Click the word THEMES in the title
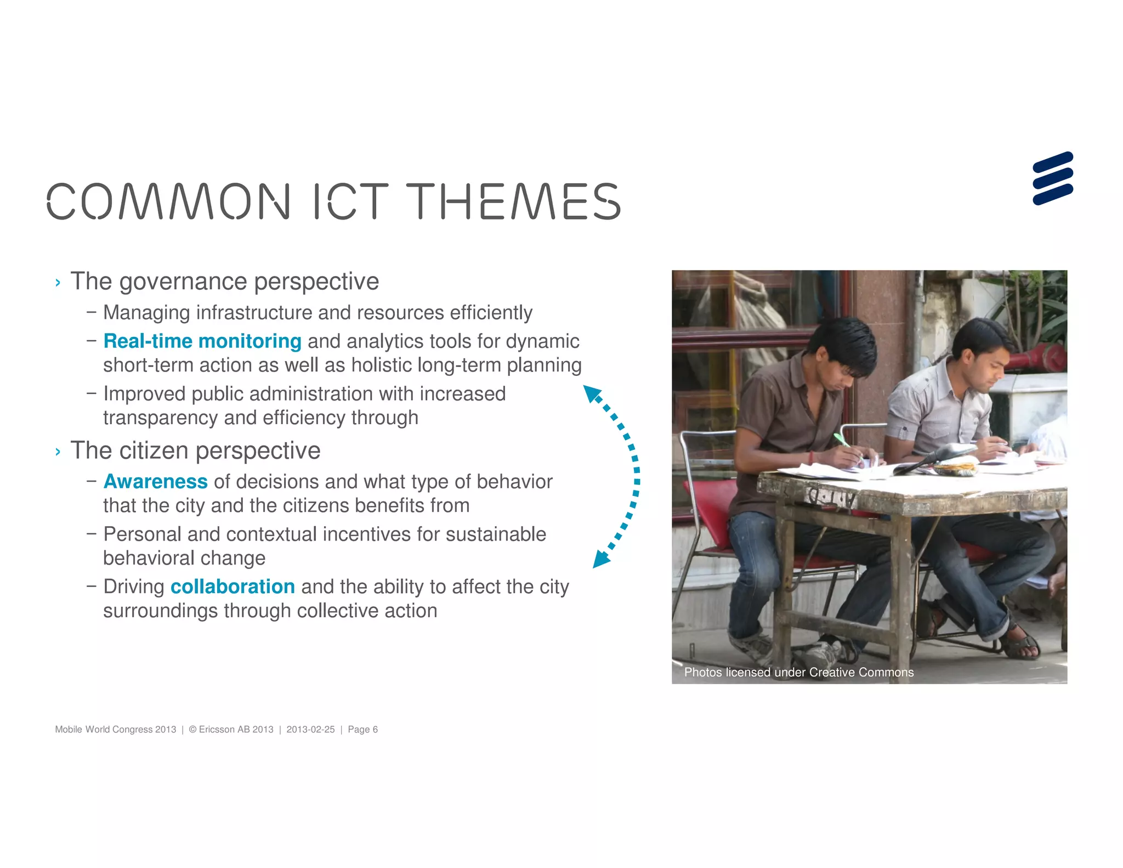(x=513, y=201)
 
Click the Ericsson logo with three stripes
(x=1052, y=178)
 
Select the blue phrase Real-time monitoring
(x=202, y=341)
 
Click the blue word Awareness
(x=156, y=482)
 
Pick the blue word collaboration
(x=232, y=587)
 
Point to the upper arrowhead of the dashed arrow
(x=592, y=393)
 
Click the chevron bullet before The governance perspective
(x=58, y=283)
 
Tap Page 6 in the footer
(x=362, y=729)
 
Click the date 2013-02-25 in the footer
(x=310, y=729)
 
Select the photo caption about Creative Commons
(x=798, y=672)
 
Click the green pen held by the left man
(x=842, y=440)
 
